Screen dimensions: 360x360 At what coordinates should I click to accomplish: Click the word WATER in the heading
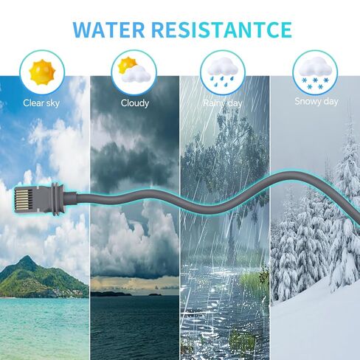pyautogui.click(x=108, y=30)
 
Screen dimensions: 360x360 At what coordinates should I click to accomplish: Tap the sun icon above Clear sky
pyautogui.click(x=42, y=72)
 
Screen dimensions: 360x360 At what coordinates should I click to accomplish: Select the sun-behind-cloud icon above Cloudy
pyautogui.click(x=134, y=69)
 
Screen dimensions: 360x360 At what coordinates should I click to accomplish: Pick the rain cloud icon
pyautogui.click(x=222, y=72)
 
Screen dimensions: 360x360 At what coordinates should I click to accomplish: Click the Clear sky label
pyautogui.click(x=41, y=103)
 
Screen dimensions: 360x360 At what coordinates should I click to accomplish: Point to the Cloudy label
pyautogui.click(x=135, y=103)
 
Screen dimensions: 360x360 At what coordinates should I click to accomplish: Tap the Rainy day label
pyautogui.click(x=223, y=103)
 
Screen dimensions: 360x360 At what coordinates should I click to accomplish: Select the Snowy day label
pyautogui.click(x=316, y=101)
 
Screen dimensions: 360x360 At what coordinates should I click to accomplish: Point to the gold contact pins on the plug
pyautogui.click(x=24, y=199)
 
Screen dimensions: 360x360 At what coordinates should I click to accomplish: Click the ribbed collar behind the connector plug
pyautogui.click(x=58, y=199)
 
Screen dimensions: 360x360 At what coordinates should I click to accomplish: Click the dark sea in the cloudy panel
pyautogui.click(x=135, y=328)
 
